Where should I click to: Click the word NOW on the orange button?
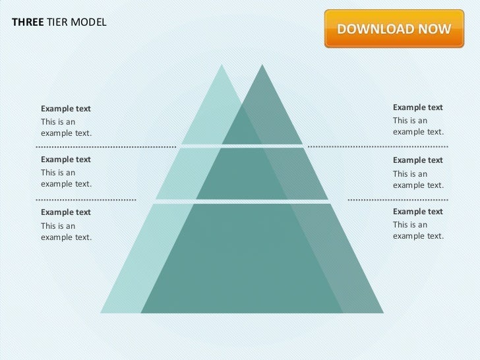click(x=436, y=30)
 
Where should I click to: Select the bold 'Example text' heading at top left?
click(x=66, y=108)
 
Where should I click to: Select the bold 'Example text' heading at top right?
click(x=418, y=107)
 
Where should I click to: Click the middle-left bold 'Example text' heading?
click(x=66, y=160)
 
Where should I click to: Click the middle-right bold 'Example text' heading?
click(x=418, y=160)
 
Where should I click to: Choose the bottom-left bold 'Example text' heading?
click(x=66, y=212)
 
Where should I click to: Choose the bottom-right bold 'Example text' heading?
click(x=418, y=211)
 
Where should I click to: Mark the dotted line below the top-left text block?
click(x=105, y=146)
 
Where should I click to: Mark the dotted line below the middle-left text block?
click(x=86, y=198)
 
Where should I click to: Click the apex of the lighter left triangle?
click(x=222, y=66)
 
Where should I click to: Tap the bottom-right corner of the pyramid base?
click(x=382, y=312)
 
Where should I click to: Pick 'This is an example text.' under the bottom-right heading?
click(x=418, y=230)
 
